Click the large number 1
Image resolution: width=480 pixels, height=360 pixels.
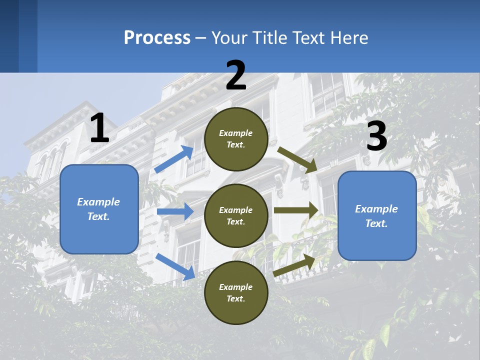(99, 128)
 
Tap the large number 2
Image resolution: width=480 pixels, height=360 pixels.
(236, 76)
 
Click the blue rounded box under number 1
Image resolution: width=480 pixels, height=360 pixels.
(99, 209)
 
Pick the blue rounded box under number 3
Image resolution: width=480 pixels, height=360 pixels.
(377, 216)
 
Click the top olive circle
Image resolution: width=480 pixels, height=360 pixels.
(236, 139)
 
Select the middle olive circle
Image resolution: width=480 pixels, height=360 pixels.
(236, 215)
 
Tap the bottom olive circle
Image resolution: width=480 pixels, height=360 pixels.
(236, 292)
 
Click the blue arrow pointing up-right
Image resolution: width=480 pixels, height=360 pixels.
(174, 159)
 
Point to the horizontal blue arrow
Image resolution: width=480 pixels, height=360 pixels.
(175, 212)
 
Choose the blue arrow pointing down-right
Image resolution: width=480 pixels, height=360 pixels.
(175, 266)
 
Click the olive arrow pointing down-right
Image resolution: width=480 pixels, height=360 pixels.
(297, 160)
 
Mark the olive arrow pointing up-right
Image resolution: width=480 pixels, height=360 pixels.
(295, 265)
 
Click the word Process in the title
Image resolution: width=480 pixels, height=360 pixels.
(157, 37)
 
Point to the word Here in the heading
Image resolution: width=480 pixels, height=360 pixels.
(349, 37)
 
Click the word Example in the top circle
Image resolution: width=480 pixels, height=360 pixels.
(236, 133)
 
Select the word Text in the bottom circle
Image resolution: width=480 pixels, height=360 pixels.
(235, 298)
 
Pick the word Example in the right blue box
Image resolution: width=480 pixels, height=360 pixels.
(376, 209)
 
